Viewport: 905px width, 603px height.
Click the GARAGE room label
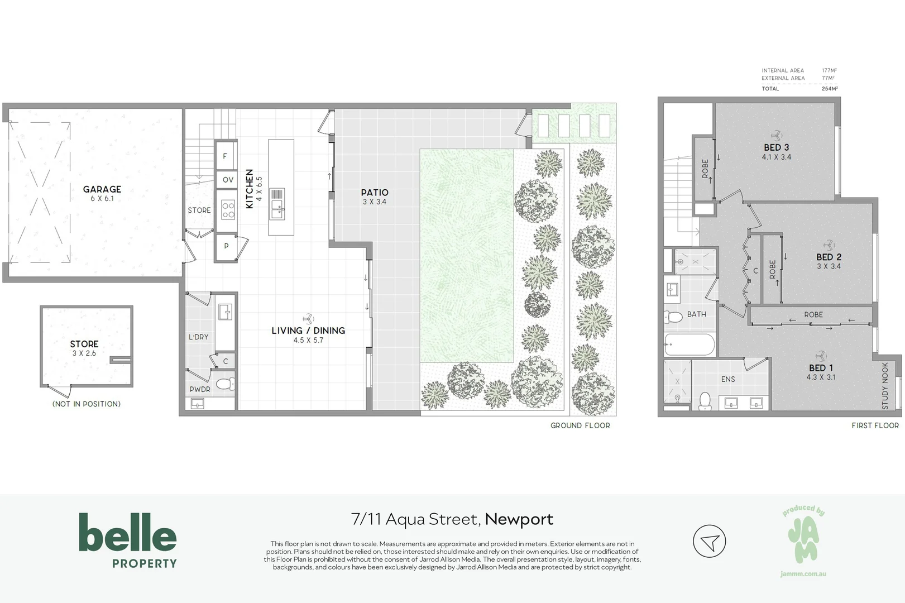pyautogui.click(x=102, y=189)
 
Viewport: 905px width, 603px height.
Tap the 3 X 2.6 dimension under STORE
pyautogui.click(x=84, y=353)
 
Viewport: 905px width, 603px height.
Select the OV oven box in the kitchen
pyautogui.click(x=228, y=180)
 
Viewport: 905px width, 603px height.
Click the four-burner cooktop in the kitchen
pyautogui.click(x=228, y=210)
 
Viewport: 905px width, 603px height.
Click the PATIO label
pyautogui.click(x=374, y=192)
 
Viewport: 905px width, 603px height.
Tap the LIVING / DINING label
pyautogui.click(x=308, y=331)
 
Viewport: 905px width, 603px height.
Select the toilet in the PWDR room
pyautogui.click(x=226, y=384)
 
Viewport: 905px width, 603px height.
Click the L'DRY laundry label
pyautogui.click(x=198, y=337)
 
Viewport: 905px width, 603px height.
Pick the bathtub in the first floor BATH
pyautogui.click(x=689, y=344)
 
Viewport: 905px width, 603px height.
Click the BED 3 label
pyautogui.click(x=776, y=147)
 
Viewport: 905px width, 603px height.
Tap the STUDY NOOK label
pyautogui.click(x=885, y=386)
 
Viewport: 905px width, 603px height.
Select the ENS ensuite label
pyautogui.click(x=728, y=379)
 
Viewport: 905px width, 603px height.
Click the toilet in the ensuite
pyautogui.click(x=705, y=400)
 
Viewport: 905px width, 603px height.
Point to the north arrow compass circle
pyautogui.click(x=709, y=541)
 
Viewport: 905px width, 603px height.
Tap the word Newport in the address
pyautogui.click(x=519, y=519)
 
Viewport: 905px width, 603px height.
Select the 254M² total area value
pyautogui.click(x=829, y=89)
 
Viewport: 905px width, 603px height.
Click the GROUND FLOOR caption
pyautogui.click(x=580, y=425)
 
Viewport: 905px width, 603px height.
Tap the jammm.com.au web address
pyautogui.click(x=803, y=574)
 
